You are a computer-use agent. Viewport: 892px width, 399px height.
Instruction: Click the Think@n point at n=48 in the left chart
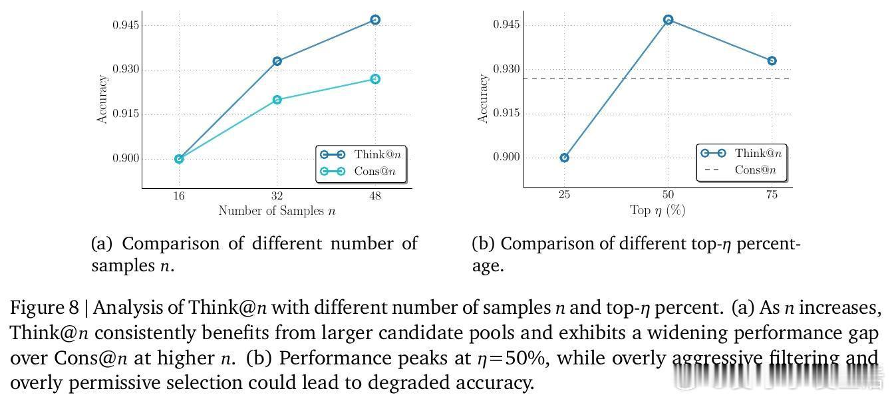coord(375,20)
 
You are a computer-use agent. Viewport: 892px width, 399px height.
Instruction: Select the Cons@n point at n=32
coord(277,100)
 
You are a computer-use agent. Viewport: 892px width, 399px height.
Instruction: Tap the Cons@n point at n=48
coord(375,79)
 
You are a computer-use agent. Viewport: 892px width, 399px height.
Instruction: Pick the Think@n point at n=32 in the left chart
coord(277,61)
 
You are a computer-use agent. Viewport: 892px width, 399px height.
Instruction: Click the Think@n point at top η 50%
coord(669,20)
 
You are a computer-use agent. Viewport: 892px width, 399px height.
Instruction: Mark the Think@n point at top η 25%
coord(565,158)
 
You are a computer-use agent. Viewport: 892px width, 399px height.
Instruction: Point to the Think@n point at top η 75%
coord(772,61)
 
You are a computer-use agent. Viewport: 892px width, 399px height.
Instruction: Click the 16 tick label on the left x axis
coord(179,196)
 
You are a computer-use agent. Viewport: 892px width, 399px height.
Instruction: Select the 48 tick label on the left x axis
coord(375,196)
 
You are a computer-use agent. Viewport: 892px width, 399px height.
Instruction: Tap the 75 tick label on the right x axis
coord(772,196)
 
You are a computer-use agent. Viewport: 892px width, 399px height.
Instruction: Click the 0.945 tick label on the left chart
coord(125,25)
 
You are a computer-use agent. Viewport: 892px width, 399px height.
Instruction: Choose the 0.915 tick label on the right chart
coord(506,113)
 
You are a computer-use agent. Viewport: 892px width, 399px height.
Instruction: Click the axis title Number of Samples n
coord(277,211)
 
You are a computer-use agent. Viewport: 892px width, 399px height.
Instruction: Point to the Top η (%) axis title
coord(657,211)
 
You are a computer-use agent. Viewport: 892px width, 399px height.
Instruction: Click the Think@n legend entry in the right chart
coord(742,153)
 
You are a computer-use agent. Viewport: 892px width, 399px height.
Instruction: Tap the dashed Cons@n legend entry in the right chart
coord(742,170)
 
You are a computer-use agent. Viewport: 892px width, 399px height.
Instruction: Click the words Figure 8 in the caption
coord(45,308)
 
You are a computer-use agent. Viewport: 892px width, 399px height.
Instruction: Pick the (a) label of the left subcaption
coord(102,244)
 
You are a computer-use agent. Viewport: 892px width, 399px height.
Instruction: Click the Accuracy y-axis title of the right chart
coord(484,98)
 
